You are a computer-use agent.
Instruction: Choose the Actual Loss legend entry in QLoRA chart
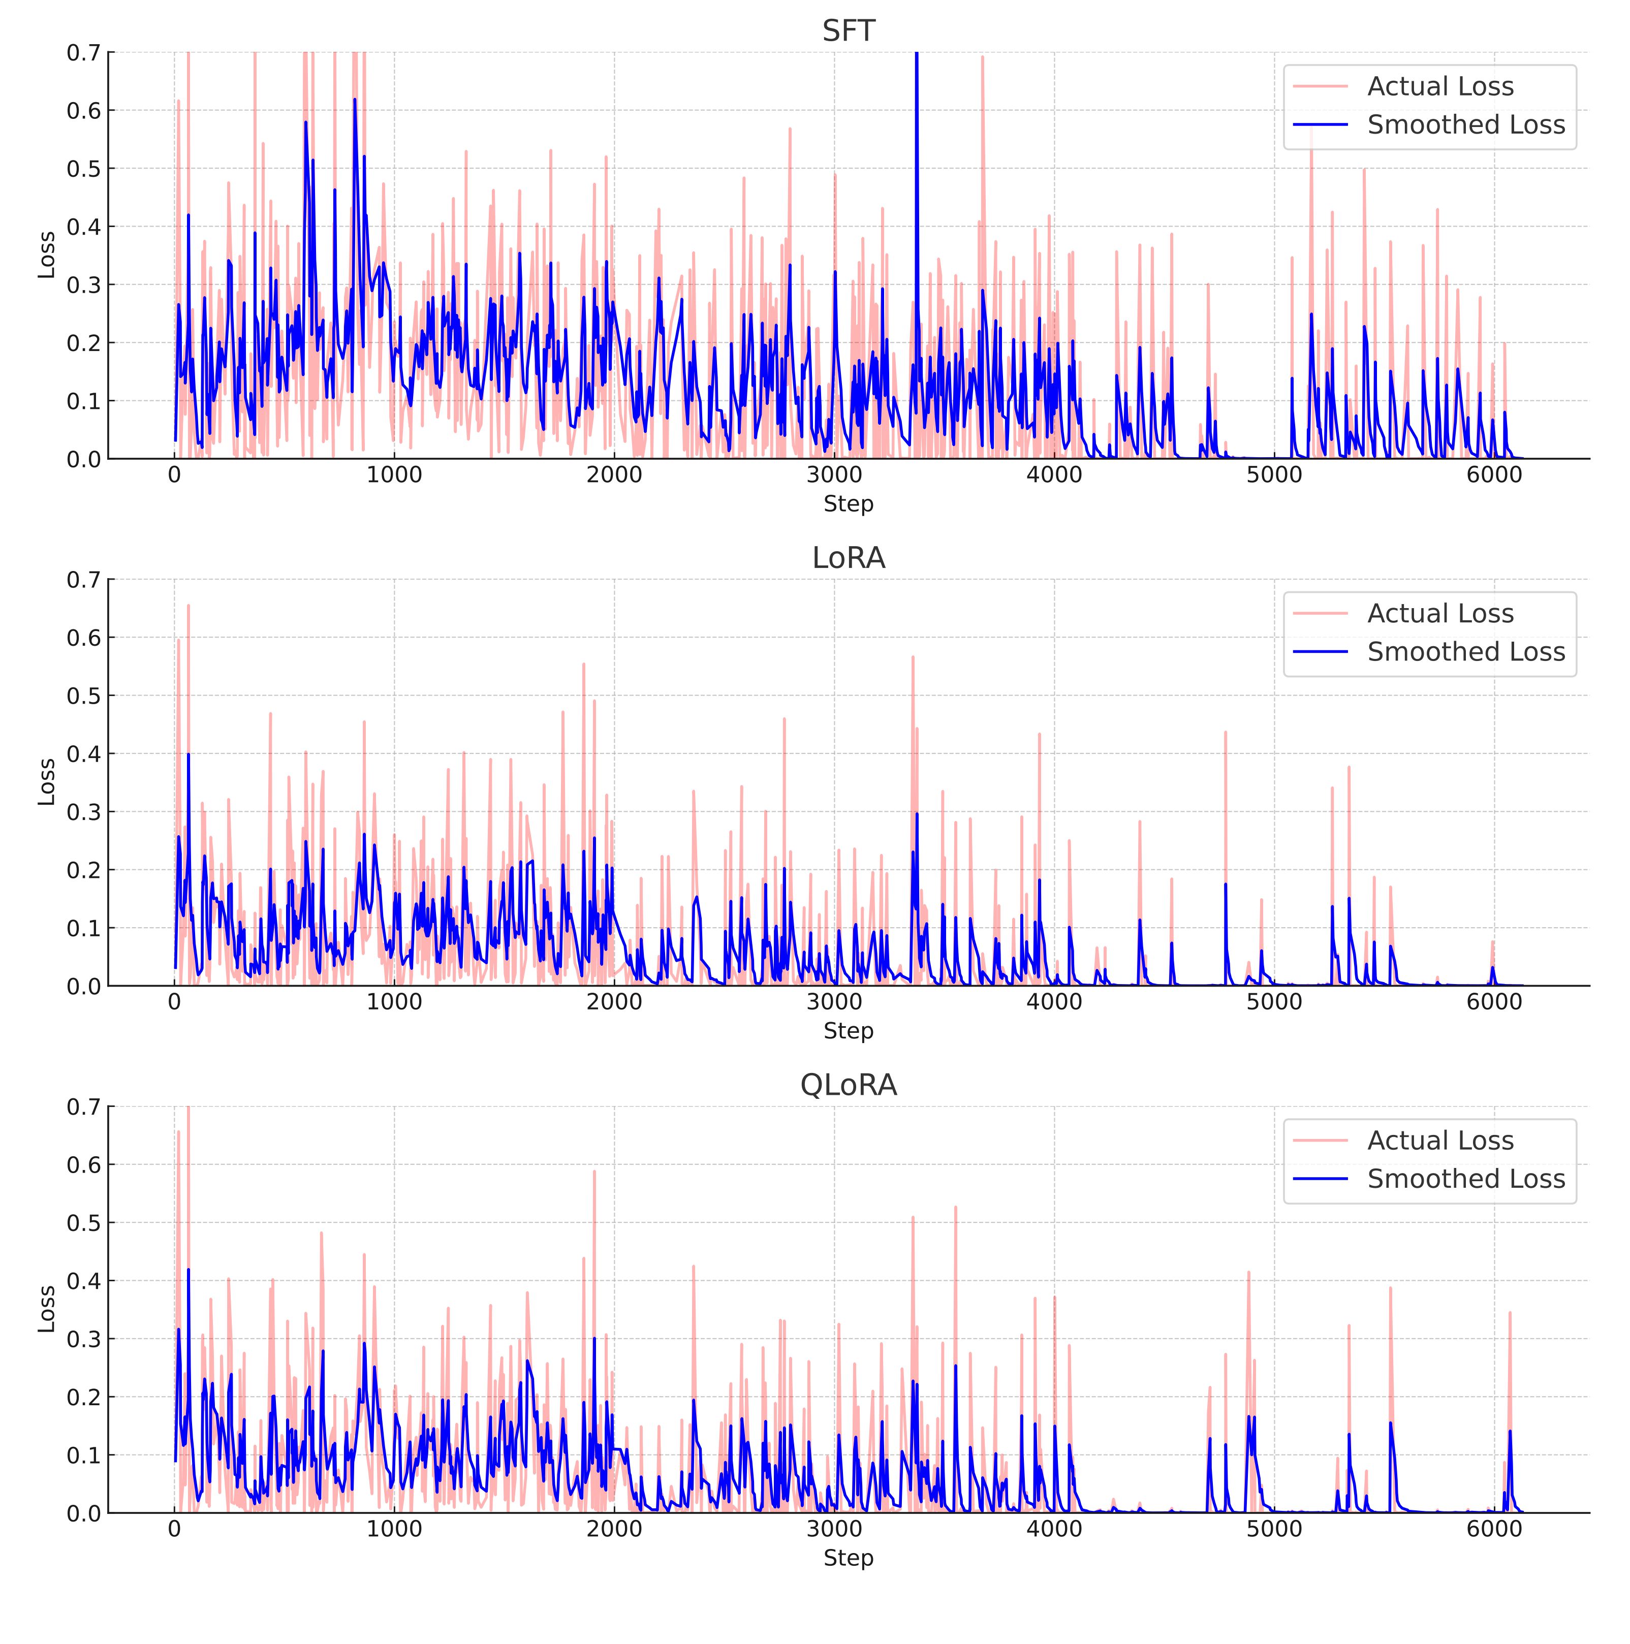(x=1439, y=1140)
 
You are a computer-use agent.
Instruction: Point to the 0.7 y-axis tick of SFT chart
(x=83, y=53)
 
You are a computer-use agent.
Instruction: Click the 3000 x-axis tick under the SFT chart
(x=834, y=475)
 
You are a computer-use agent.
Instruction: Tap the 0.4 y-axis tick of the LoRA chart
(x=83, y=754)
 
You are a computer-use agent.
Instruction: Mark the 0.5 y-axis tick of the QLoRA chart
(x=83, y=1223)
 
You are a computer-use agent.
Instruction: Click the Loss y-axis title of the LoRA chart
(x=47, y=782)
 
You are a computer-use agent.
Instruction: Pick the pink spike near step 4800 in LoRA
(x=1226, y=734)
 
